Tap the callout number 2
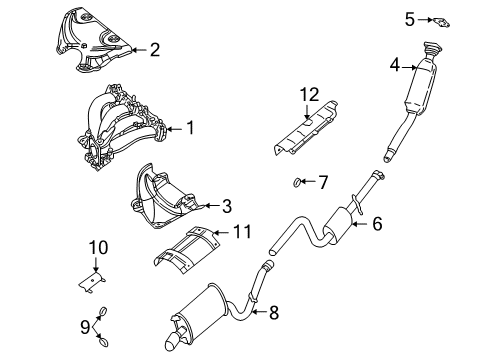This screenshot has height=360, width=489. tap(155, 47)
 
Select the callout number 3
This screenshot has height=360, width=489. tap(227, 207)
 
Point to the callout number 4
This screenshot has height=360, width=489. tap(395, 66)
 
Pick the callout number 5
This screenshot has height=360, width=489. tap(409, 17)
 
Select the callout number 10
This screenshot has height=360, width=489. tap(96, 247)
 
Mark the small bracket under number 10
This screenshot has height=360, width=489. tap(97, 281)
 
